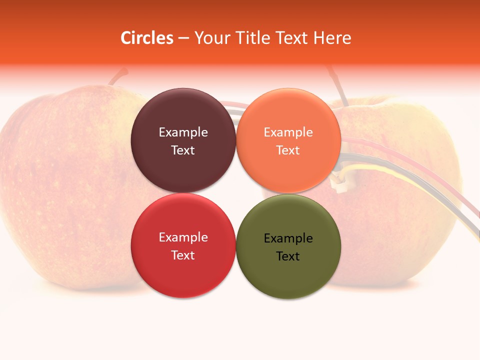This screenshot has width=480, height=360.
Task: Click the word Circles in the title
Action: (x=147, y=38)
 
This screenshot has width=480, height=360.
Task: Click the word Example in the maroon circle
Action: (x=183, y=132)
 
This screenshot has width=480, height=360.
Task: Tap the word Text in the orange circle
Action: (x=288, y=150)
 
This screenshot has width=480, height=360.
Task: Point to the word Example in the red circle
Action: (x=183, y=237)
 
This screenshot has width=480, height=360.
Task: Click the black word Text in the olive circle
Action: (x=288, y=256)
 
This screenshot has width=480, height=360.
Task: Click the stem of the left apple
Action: (x=119, y=76)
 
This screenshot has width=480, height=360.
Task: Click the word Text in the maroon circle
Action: (x=183, y=150)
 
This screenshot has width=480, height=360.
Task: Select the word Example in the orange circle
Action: (x=288, y=132)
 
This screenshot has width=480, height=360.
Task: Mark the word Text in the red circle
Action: (x=183, y=255)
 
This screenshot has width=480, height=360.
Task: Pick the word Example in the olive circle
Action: (x=288, y=238)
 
